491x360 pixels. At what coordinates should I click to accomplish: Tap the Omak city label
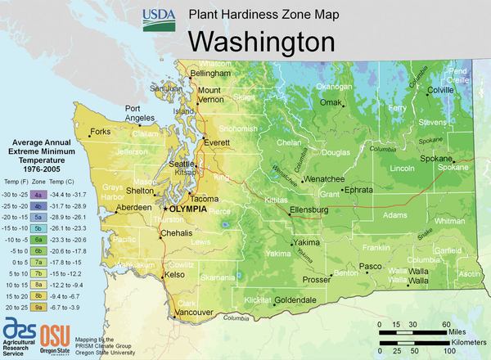330,102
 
